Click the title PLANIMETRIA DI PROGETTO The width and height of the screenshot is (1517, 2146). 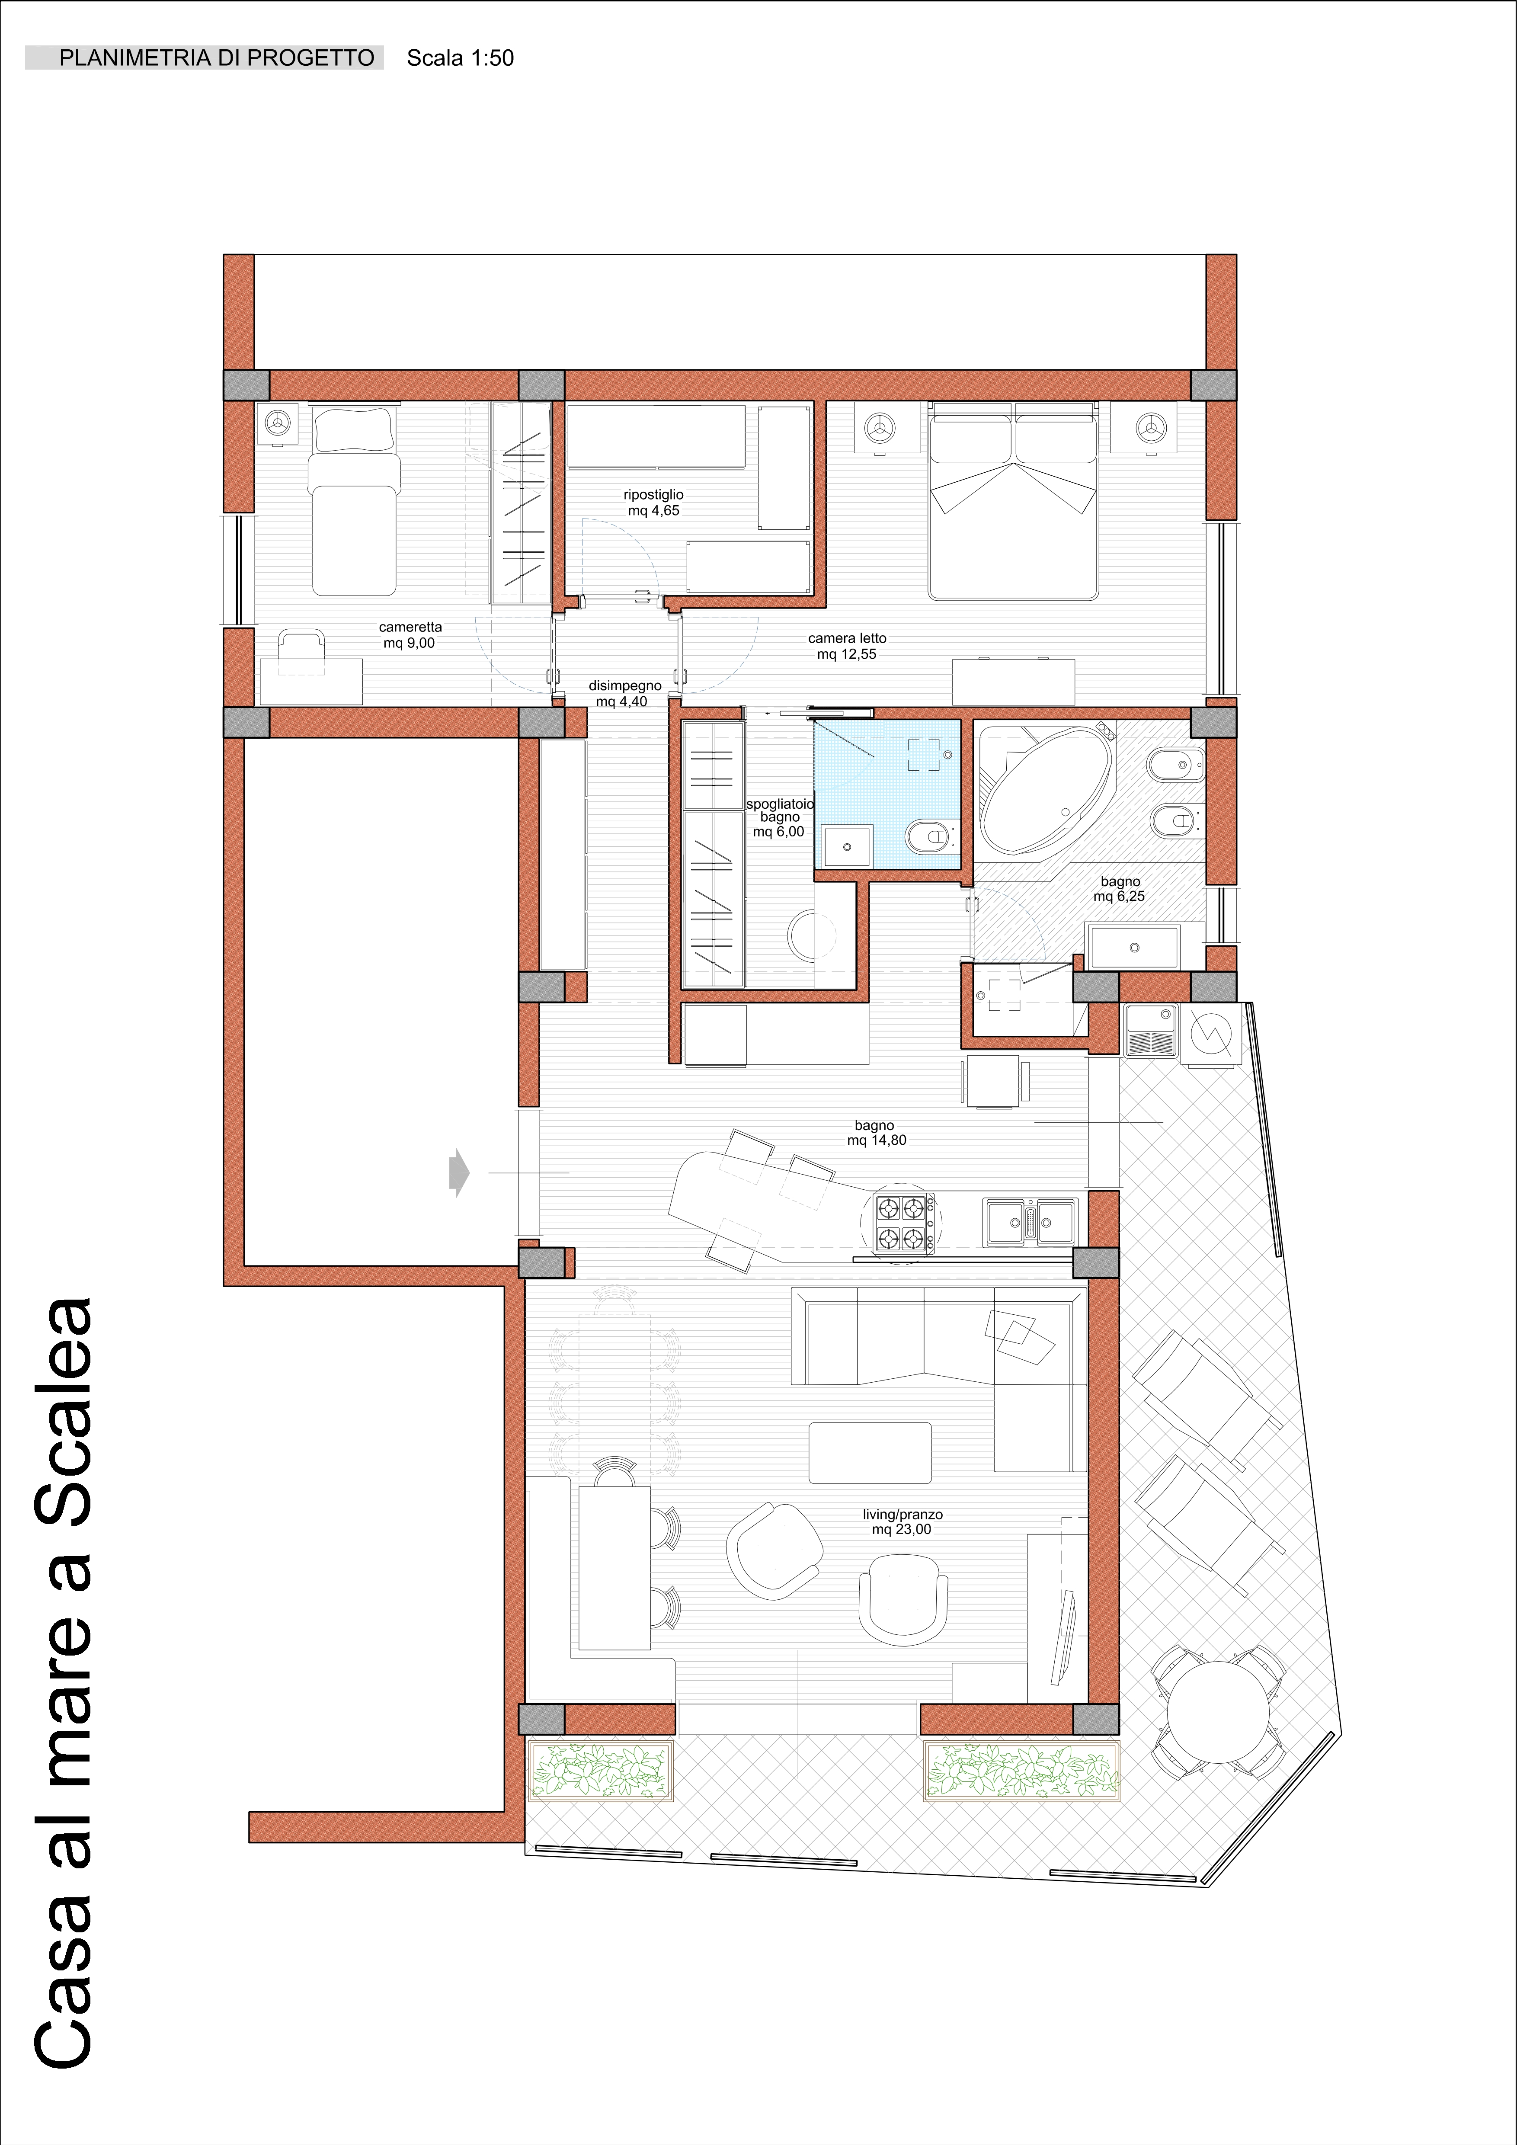point(217,58)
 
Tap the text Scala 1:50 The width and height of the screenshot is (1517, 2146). point(460,58)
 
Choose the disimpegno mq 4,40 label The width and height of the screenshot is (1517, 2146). point(624,694)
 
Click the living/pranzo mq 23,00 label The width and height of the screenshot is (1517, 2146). point(902,1521)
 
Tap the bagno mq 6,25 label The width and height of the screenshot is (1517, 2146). point(1120,889)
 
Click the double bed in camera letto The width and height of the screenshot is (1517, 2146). point(1012,501)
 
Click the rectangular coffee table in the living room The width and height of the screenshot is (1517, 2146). point(869,1452)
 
